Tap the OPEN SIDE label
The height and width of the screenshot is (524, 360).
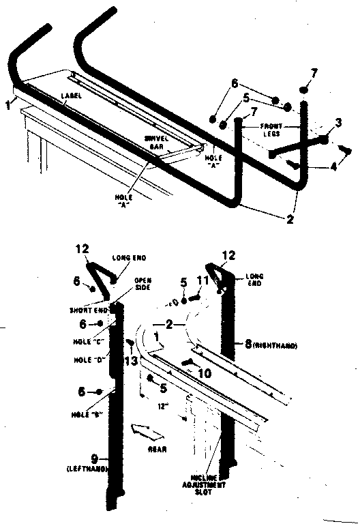(x=142, y=284)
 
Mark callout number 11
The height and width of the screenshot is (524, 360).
(x=200, y=280)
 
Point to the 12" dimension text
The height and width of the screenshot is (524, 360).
(x=163, y=407)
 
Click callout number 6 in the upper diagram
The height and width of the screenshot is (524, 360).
(x=235, y=83)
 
